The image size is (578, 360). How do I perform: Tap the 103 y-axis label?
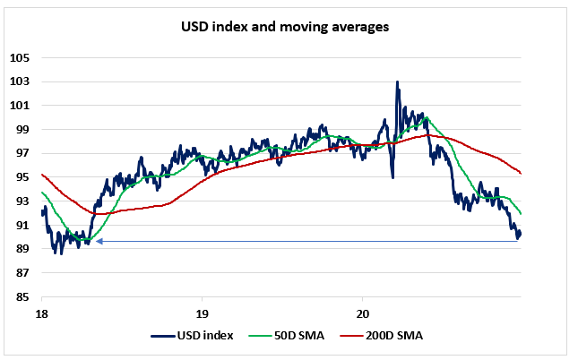point(20,81)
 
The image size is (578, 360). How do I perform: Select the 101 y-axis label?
point(20,106)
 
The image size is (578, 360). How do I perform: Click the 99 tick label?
point(22,130)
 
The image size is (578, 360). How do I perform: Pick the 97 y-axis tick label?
point(22,153)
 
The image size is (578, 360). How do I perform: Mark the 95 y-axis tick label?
point(22,177)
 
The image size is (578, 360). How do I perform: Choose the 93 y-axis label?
point(22,201)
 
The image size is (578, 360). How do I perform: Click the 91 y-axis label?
point(22,225)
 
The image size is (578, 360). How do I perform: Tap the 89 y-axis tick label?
point(22,249)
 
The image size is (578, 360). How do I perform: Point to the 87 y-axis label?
point(22,273)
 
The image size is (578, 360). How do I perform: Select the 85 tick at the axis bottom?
point(22,296)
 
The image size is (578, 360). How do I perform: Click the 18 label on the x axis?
point(41,313)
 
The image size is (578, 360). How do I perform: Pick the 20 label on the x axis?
point(362,313)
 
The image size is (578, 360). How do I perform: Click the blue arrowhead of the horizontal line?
point(99,241)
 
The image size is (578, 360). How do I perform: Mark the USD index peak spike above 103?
point(397,82)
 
